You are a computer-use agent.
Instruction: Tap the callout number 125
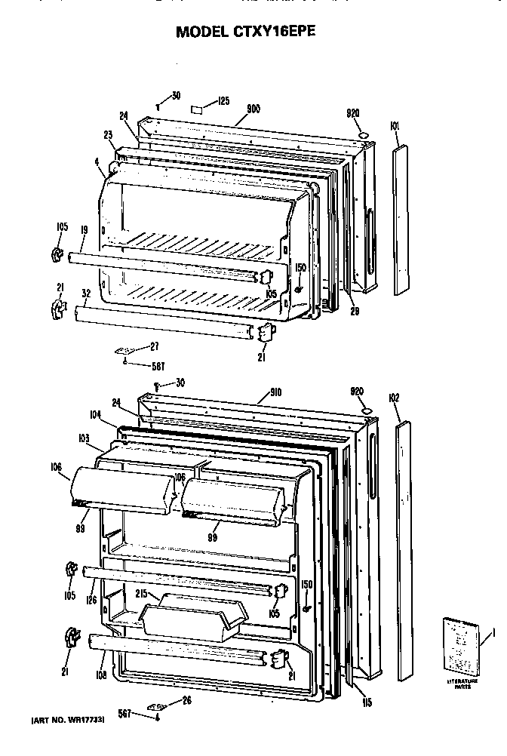(223, 100)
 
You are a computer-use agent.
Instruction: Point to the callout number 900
(253, 109)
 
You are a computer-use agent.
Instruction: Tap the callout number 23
(108, 135)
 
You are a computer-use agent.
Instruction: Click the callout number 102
(395, 398)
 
